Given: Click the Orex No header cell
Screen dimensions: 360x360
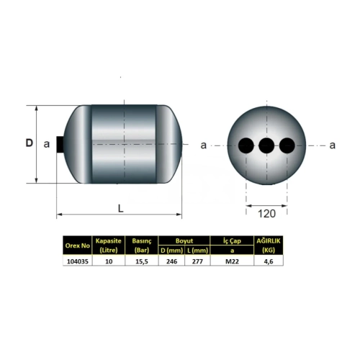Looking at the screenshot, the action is (77, 246).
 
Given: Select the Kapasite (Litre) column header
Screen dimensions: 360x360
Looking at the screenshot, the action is (109, 246).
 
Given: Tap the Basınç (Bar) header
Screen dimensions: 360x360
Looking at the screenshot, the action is (142, 246).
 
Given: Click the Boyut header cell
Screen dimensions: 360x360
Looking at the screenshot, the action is (184, 240).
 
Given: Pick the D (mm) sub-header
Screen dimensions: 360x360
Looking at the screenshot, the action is (171, 251).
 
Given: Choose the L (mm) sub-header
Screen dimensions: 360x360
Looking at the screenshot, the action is (197, 251).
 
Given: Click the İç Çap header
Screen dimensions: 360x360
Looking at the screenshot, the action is (232, 240).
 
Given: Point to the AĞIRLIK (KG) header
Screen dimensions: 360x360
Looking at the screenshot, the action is (269, 246).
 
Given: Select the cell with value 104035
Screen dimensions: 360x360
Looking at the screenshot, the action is (77, 261).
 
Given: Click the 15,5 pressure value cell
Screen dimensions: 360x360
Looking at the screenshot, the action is (142, 261).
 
